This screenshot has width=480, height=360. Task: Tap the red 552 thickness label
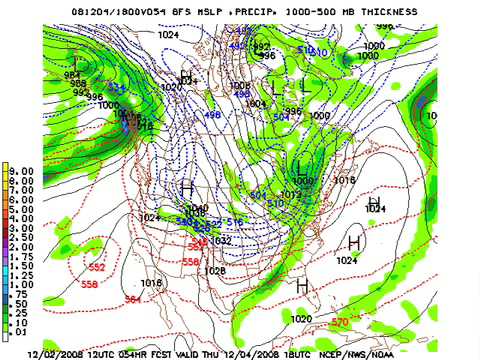coord(97,268)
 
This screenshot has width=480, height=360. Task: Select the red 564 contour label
coord(132,299)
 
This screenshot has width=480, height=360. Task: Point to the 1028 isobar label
coord(214,271)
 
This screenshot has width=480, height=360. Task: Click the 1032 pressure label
coord(222,241)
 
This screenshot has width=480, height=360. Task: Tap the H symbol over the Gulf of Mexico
coord(302,286)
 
